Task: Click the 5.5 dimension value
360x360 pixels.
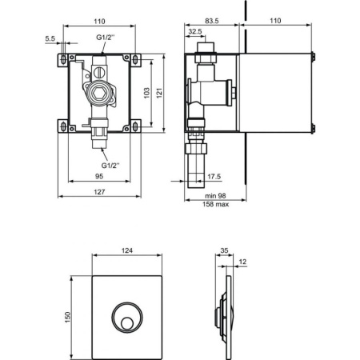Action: (x=50, y=38)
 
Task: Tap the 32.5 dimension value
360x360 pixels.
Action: (x=194, y=32)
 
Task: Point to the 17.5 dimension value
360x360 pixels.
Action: (x=214, y=177)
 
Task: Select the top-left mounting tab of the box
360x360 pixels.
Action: (x=62, y=59)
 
